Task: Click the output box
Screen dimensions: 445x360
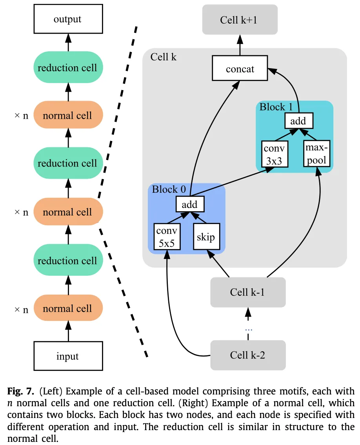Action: pos(68,19)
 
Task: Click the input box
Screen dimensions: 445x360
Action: pos(68,356)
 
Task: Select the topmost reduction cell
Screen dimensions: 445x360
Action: pos(68,67)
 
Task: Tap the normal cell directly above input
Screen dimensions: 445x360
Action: pos(68,308)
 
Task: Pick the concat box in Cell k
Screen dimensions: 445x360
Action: pos(240,69)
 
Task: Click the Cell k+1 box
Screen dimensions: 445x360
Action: pos(240,20)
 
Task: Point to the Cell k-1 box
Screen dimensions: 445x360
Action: pos(247,292)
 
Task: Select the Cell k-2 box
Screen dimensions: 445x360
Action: pos(247,355)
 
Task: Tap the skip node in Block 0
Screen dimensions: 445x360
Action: pos(206,237)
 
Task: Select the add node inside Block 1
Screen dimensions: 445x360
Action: pos(298,121)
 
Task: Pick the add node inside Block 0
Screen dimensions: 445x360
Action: pos(190,204)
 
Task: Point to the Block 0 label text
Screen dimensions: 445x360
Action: pos(169,190)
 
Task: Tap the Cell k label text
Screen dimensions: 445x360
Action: pos(164,57)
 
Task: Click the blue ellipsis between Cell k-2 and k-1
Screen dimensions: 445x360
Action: pos(248,330)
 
